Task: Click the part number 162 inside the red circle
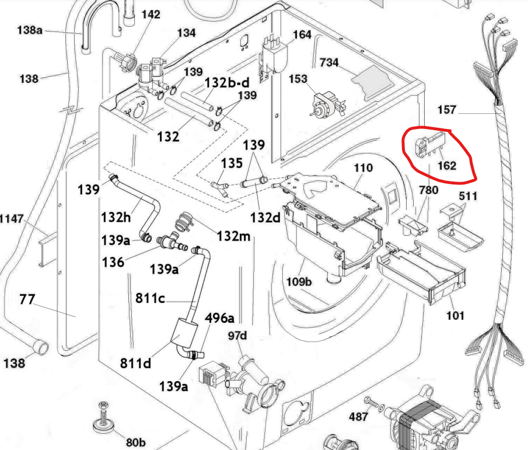pyautogui.click(x=446, y=166)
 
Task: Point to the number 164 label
pyautogui.click(x=302, y=35)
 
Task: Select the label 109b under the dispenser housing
pyautogui.click(x=299, y=282)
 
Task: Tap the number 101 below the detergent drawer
pyautogui.click(x=455, y=316)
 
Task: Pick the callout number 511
pyautogui.click(x=468, y=196)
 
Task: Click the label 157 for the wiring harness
pyautogui.click(x=448, y=110)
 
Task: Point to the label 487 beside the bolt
pyautogui.click(x=358, y=416)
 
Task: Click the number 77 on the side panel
pyautogui.click(x=27, y=301)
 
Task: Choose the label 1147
pyautogui.click(x=12, y=219)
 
